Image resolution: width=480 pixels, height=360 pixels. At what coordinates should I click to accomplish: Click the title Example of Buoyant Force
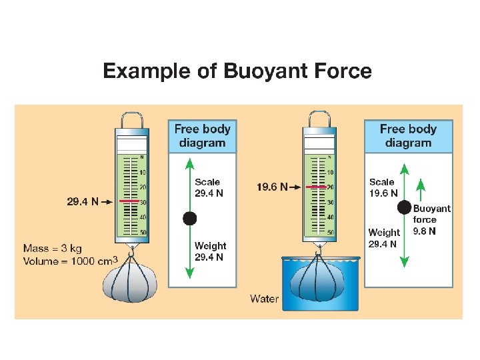(x=237, y=71)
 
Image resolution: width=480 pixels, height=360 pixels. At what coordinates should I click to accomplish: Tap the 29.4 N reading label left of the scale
(x=83, y=201)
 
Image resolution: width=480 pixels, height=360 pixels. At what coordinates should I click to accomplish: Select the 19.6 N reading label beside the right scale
(x=272, y=187)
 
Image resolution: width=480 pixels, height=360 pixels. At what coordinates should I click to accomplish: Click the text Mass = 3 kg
(x=53, y=249)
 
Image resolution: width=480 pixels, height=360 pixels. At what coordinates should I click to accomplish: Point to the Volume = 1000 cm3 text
(x=71, y=261)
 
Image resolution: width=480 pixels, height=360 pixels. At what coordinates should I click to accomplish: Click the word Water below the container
(x=264, y=298)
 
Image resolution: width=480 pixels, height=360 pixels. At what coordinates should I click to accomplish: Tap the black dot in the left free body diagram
(x=190, y=217)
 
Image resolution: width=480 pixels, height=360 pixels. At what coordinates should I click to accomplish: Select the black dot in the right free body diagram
(x=404, y=207)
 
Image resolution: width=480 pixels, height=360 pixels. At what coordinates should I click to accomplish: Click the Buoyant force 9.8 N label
(x=431, y=219)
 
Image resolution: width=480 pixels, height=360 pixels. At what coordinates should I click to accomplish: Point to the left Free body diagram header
(x=202, y=136)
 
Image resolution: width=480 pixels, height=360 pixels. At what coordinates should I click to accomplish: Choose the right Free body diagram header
(x=408, y=136)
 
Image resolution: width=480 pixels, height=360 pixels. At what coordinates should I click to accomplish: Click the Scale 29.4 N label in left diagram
(x=209, y=187)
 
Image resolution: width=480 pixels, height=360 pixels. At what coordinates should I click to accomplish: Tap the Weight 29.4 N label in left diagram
(x=210, y=251)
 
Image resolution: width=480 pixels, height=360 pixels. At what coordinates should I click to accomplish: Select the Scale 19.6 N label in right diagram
(x=383, y=187)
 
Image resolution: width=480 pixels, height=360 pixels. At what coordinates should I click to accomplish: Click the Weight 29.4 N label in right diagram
(x=384, y=238)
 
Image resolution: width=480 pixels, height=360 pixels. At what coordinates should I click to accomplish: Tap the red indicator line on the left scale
(x=129, y=201)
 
